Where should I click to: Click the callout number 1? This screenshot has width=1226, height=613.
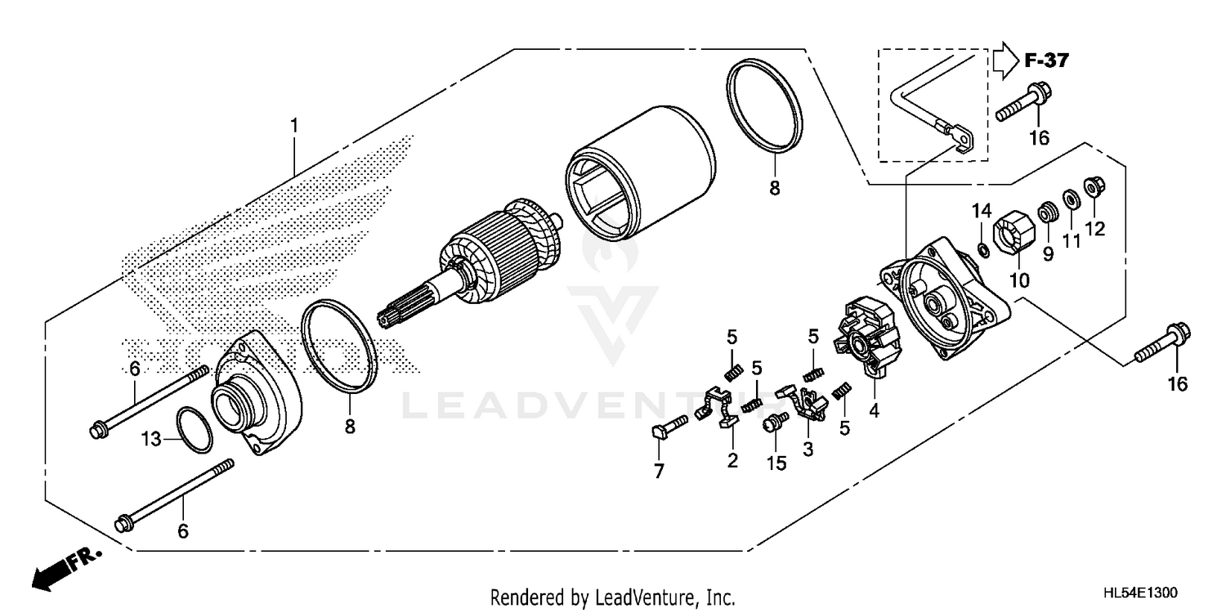pos(293,126)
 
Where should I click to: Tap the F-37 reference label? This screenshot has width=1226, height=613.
pos(1046,60)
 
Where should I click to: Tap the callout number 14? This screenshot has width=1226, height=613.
pos(982,212)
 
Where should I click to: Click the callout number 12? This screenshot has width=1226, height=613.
pos(1095,229)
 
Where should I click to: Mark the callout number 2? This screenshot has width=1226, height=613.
pos(732,461)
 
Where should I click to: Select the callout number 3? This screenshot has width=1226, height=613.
pos(808,449)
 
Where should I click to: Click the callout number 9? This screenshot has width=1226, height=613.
pos(1048,253)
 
